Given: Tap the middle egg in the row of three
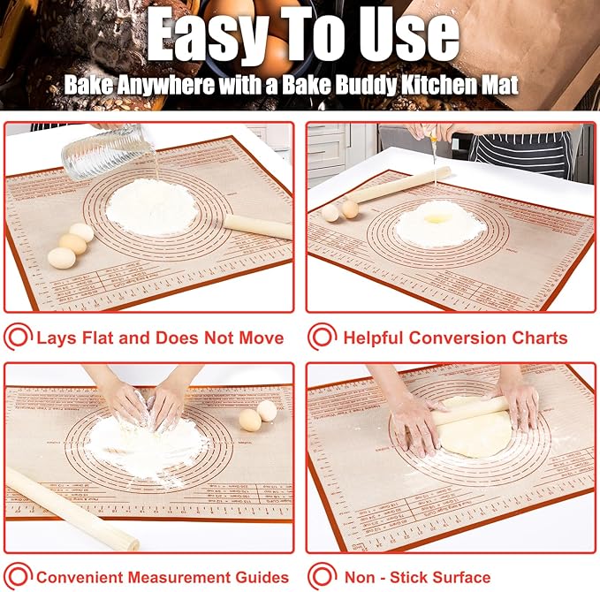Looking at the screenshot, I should [72, 244].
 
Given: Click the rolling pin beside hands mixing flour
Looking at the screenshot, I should [71, 508].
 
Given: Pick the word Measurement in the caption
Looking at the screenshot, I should [186, 578].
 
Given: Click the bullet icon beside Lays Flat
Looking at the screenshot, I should [18, 338].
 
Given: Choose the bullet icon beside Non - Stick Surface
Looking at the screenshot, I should [323, 578].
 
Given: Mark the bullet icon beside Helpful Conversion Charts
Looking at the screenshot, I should [323, 338].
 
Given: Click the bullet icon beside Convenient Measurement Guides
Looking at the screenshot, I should [18, 578].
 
